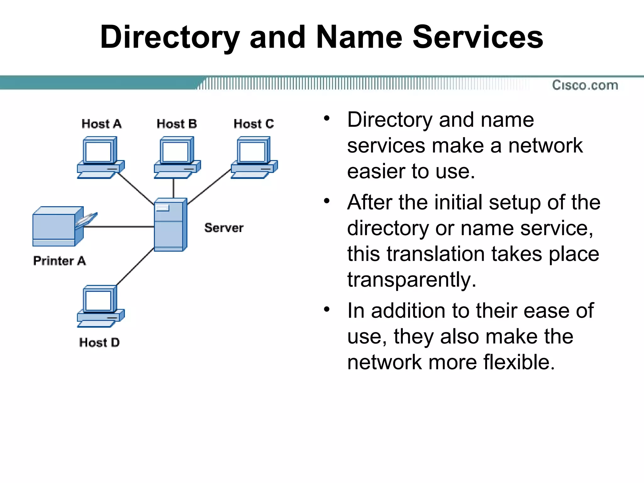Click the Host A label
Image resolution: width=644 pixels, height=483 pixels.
(x=101, y=124)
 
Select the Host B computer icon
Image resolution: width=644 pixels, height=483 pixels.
(x=177, y=157)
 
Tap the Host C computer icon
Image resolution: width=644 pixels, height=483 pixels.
(x=254, y=157)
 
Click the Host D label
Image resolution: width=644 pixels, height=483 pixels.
(x=99, y=342)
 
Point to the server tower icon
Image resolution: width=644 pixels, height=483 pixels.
(x=170, y=225)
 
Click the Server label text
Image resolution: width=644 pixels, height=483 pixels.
(x=224, y=228)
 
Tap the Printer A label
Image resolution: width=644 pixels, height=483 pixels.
(x=59, y=261)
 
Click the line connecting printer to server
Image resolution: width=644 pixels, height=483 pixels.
(x=119, y=226)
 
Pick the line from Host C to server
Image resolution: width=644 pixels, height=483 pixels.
(x=209, y=187)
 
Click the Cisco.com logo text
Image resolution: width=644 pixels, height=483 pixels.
(x=585, y=85)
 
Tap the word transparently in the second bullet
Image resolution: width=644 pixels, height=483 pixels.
(x=411, y=280)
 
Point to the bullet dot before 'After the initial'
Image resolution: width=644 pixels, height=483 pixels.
(x=327, y=200)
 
